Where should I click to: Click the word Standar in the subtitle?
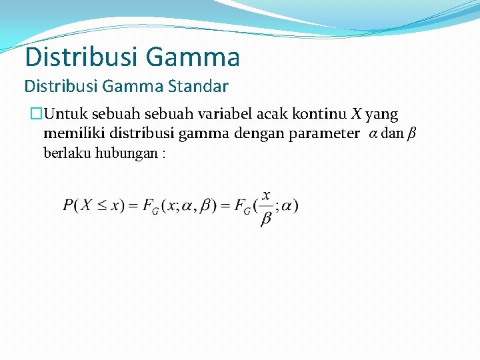(199, 86)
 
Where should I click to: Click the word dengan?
(259, 133)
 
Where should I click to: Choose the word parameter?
(323, 133)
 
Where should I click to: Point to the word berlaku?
(67, 153)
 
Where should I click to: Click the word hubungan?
(126, 153)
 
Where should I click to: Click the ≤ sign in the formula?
(101, 205)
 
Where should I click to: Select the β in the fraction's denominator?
(266, 219)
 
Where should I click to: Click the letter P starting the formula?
(69, 205)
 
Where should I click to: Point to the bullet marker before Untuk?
(35, 115)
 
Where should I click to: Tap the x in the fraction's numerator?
(266, 195)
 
